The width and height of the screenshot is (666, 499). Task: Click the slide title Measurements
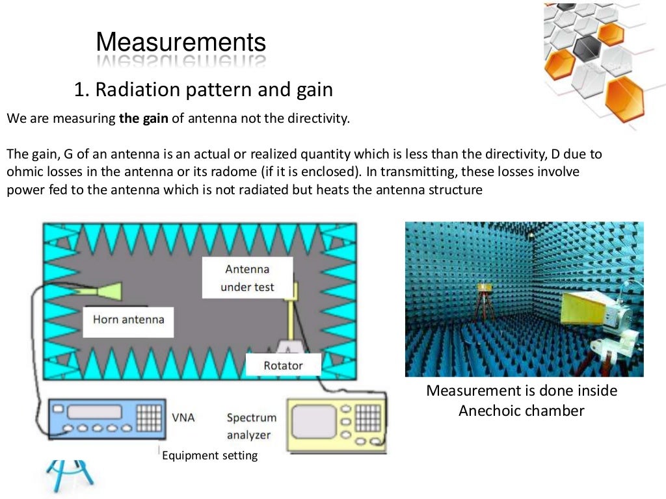point(181,43)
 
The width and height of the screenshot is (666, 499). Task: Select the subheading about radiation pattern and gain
point(204,90)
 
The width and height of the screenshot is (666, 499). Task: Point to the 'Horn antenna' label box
point(128,319)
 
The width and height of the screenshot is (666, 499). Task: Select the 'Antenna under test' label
point(247,278)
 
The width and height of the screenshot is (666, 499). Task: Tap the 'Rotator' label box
point(283,365)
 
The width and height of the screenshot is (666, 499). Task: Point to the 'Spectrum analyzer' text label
point(252,426)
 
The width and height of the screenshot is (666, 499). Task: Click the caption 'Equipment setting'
point(209,455)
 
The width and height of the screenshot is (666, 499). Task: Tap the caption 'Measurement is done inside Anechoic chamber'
point(522,400)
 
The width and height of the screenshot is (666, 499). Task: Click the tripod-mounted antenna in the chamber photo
point(484,298)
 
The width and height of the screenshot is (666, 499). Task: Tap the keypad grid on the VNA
point(148,413)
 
